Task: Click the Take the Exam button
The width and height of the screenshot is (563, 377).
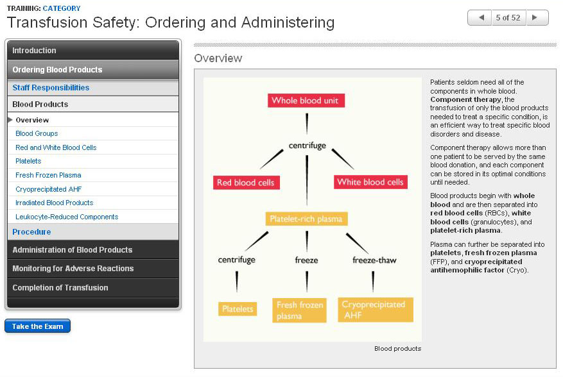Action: point(37,326)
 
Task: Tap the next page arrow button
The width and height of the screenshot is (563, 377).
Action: point(537,18)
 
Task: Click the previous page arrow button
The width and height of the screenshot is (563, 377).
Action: point(480,18)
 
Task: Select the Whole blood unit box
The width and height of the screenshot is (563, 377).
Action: point(307,101)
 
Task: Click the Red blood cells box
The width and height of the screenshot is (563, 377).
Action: point(245,183)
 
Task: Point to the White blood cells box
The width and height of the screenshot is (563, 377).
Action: point(370,183)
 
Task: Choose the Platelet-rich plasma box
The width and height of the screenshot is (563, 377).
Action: point(307,219)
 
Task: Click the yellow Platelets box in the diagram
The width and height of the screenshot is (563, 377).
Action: point(238,309)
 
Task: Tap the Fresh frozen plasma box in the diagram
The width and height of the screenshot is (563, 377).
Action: point(300,310)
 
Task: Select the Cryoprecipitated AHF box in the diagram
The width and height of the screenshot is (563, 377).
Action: point(375,310)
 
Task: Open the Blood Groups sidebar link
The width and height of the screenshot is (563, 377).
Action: point(37,133)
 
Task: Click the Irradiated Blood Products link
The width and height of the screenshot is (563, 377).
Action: point(55,203)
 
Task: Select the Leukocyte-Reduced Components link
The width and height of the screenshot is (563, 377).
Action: point(67,217)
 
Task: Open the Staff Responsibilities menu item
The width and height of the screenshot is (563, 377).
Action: point(51,88)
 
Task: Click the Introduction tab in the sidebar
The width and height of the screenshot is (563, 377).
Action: point(34,51)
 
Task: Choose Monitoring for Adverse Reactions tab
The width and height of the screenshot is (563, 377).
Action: point(73,269)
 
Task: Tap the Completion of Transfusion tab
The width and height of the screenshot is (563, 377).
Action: point(60,288)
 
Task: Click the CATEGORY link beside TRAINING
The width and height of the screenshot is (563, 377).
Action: point(62,8)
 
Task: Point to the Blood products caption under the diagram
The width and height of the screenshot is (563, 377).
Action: point(397,349)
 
